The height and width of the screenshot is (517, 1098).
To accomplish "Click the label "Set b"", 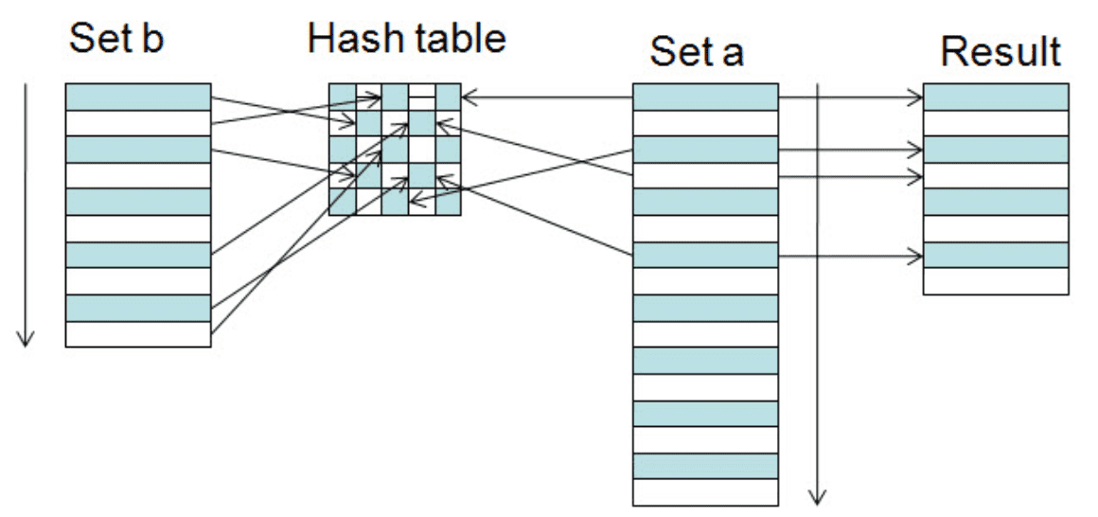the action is click(116, 39).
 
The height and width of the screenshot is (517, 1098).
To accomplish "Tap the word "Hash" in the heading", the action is click(346, 38).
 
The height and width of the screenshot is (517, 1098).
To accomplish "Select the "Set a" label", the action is click(696, 52).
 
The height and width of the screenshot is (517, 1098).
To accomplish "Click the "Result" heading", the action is click(1001, 51).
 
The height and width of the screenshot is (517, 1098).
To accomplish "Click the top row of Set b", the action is click(138, 97).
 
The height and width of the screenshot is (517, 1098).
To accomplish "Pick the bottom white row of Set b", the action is click(138, 334).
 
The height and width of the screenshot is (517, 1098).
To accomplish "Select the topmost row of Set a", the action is click(705, 97).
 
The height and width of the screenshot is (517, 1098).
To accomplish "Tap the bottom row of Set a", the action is click(705, 491).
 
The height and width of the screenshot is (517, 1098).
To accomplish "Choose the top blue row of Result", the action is click(996, 97).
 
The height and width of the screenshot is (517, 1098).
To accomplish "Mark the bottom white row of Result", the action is click(996, 281).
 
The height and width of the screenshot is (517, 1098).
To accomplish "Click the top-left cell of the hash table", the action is click(343, 97).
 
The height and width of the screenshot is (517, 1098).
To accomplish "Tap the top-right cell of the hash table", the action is click(448, 97).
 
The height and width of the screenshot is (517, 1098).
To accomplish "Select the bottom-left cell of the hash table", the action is click(343, 202).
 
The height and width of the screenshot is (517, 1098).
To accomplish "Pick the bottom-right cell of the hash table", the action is click(448, 202).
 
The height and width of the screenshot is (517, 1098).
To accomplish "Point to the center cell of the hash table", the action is click(395, 150).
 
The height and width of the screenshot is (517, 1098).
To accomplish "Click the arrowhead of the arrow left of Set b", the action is click(26, 339).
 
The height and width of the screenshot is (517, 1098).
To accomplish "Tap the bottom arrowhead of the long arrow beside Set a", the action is click(817, 497).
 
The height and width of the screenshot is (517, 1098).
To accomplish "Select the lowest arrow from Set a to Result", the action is click(851, 258).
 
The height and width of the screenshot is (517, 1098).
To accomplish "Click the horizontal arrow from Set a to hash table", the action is click(548, 98).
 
